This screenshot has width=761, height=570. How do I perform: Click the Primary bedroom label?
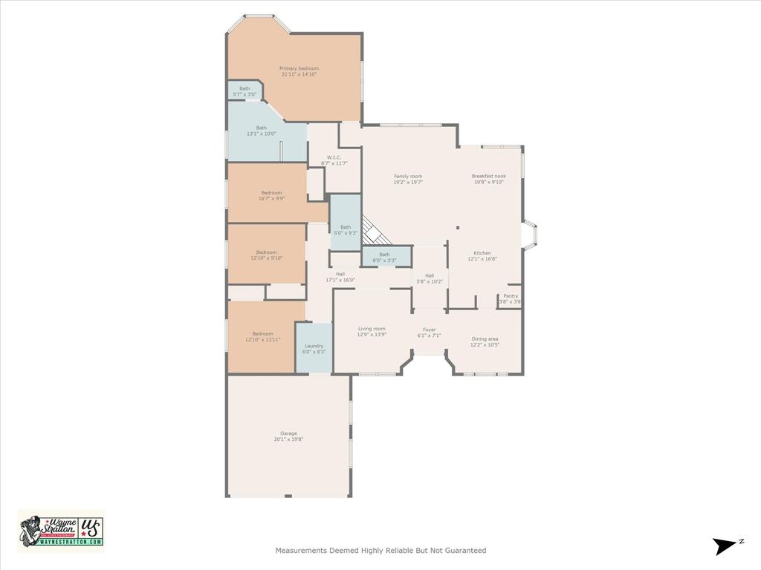[299, 68]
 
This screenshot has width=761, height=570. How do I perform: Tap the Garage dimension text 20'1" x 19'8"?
[288, 439]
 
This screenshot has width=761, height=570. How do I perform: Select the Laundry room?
[314, 348]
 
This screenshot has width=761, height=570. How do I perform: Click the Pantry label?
[511, 295]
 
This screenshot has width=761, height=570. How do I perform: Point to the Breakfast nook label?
[488, 176]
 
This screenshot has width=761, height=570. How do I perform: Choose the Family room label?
[408, 176]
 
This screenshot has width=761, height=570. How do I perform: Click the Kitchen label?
[482, 253]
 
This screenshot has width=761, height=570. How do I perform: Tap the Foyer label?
[430, 330]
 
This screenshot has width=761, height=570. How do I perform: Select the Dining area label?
[485, 339]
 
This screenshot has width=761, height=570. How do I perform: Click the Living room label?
[372, 329]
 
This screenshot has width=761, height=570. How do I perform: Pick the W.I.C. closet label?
[334, 157]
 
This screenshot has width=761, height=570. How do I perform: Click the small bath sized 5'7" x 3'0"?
[244, 91]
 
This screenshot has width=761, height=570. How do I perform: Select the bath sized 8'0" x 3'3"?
[384, 257]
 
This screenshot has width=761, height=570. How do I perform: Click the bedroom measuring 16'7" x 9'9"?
[271, 195]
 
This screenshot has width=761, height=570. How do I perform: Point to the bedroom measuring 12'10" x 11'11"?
[262, 336]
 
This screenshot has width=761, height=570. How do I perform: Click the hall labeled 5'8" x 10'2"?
[430, 278]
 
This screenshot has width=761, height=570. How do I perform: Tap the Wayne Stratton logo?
[61, 530]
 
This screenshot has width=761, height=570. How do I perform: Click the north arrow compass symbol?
[725, 546]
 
